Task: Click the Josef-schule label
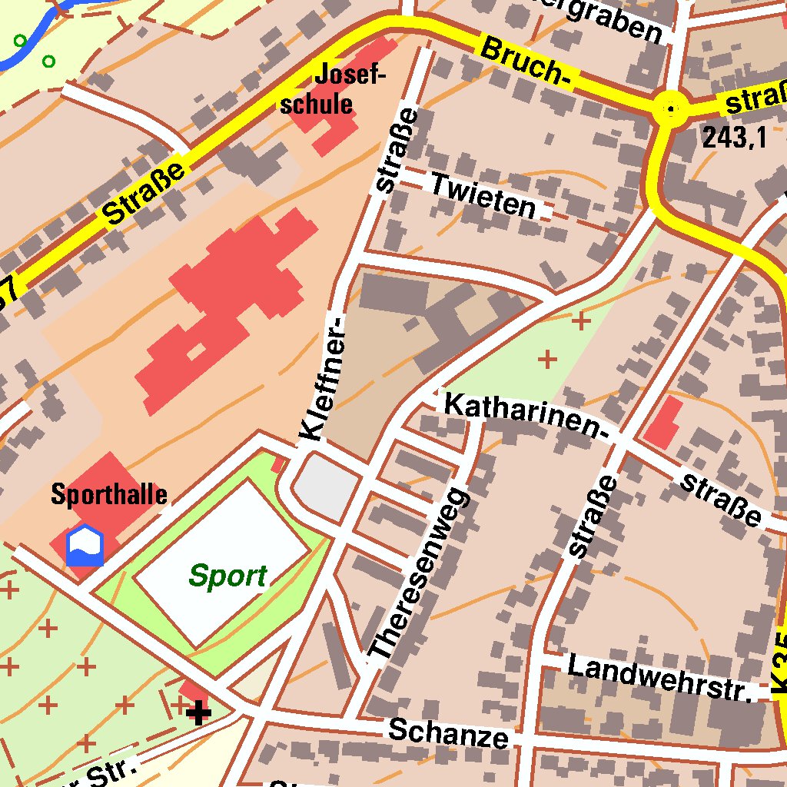pyautogui.click(x=332, y=89)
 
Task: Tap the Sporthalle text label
pyautogui.click(x=109, y=494)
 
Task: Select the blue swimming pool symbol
pyautogui.click(x=85, y=545)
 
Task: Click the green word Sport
pyautogui.click(x=228, y=576)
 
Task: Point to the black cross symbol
pyautogui.click(x=198, y=712)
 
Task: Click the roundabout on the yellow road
pyautogui.click(x=671, y=110)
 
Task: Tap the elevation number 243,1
pyautogui.click(x=734, y=138)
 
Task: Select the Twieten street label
pyautogui.click(x=483, y=195)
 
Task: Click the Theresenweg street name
pyautogui.click(x=419, y=573)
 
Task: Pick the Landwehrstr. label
pyautogui.click(x=659, y=676)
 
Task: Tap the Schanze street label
pyautogui.click(x=448, y=732)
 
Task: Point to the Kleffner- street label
pyautogui.click(x=323, y=380)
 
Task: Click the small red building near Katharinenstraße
pyautogui.click(x=662, y=423)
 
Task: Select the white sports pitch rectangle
pyautogui.click(x=223, y=561)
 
